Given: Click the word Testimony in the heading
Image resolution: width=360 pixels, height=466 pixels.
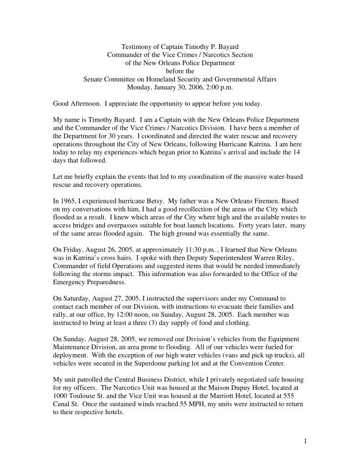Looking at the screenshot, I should (135, 46).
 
